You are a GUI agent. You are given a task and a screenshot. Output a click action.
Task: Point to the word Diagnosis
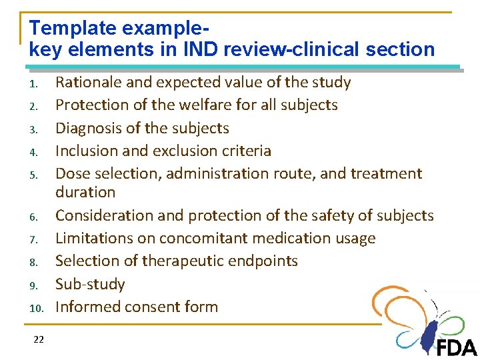click(89, 129)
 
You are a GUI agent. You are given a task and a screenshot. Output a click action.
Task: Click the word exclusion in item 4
click(189, 151)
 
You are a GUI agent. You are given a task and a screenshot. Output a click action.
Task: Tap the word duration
click(85, 193)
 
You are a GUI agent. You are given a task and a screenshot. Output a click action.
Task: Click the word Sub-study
click(90, 285)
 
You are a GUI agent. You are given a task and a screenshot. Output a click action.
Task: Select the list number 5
click(38, 175)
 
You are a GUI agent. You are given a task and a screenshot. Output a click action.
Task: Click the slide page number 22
click(38, 340)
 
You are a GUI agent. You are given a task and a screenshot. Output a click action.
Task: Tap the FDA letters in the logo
click(457, 347)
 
